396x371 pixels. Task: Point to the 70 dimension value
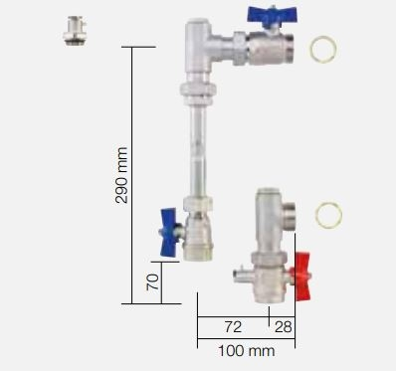[151, 282]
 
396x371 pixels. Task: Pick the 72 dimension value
[232, 326]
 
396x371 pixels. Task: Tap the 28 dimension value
[284, 326]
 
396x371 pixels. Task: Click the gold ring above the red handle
[328, 214]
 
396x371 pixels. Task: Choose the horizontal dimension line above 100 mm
[246, 338]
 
